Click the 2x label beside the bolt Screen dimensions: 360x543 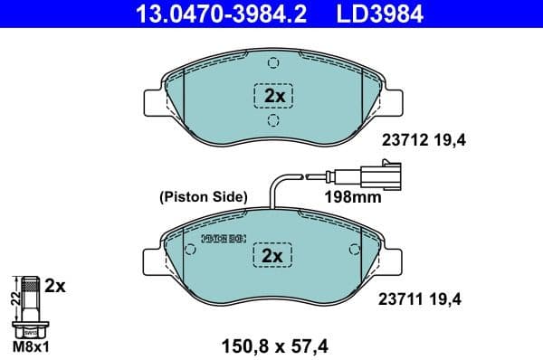click(x=56, y=286)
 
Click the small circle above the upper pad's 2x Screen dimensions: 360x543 click(x=274, y=64)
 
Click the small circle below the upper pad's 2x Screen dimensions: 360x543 click(x=274, y=120)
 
